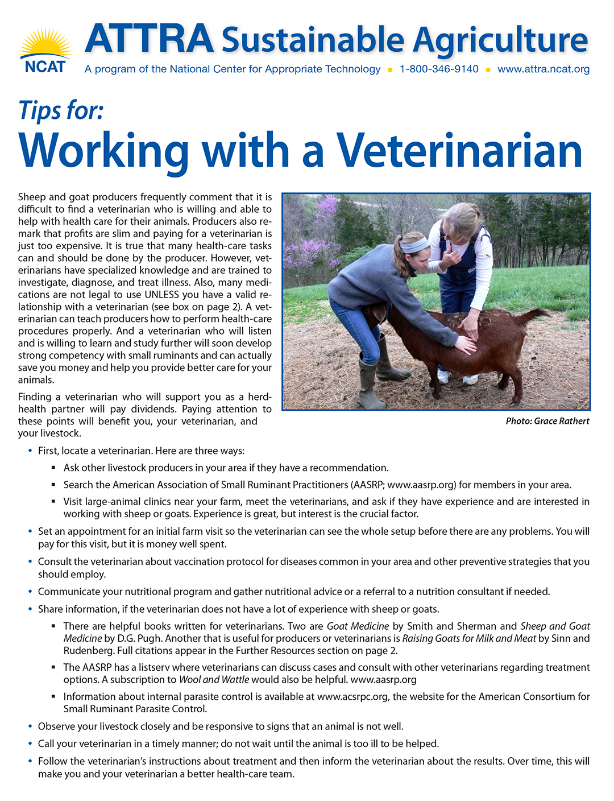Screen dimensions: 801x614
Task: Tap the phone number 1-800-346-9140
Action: (x=439, y=69)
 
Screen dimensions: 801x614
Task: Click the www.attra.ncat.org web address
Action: (x=543, y=69)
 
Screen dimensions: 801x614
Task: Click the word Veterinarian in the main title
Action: (x=460, y=150)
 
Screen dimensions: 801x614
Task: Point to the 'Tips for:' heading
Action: (x=61, y=110)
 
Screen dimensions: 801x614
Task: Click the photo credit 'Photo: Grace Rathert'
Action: (x=547, y=422)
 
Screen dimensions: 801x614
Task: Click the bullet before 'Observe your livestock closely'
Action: (x=30, y=726)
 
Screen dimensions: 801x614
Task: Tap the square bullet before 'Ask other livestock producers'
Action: (x=53, y=468)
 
